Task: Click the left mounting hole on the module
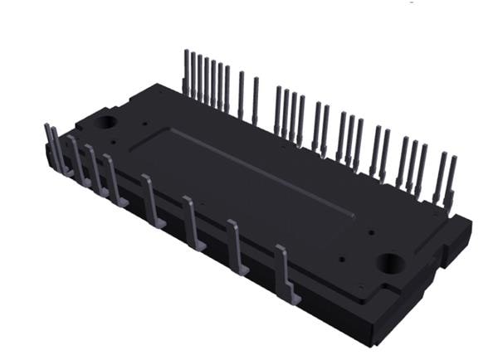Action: [106, 122]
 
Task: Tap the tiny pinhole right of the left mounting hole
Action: [145, 125]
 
